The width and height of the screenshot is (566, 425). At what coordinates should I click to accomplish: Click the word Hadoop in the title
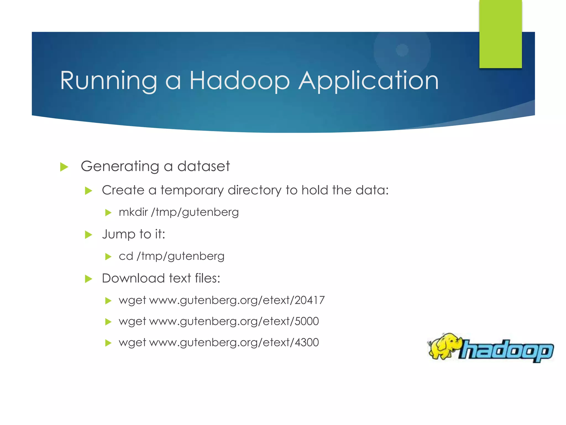point(239,81)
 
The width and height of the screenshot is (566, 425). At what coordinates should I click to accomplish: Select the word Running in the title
point(109,81)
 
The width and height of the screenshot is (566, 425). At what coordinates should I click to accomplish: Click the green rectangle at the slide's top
point(501,34)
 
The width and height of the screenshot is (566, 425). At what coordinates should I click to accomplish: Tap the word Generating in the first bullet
point(120,167)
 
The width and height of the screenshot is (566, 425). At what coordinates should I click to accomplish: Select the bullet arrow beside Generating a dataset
point(64,167)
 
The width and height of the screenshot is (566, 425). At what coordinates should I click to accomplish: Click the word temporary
point(192,191)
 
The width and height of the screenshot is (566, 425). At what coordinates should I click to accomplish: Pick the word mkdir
point(133,212)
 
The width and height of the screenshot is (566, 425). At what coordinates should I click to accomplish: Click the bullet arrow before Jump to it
point(88,235)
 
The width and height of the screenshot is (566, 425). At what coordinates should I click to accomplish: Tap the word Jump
point(119,235)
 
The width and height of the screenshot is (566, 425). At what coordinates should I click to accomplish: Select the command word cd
point(126,256)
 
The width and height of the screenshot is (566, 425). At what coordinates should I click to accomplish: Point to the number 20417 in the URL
point(310,300)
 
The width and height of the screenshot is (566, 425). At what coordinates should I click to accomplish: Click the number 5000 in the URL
point(307,321)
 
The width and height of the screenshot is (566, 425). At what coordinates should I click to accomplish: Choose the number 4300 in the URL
point(307,343)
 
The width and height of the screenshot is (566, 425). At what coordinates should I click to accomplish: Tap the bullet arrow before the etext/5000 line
point(108,322)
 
